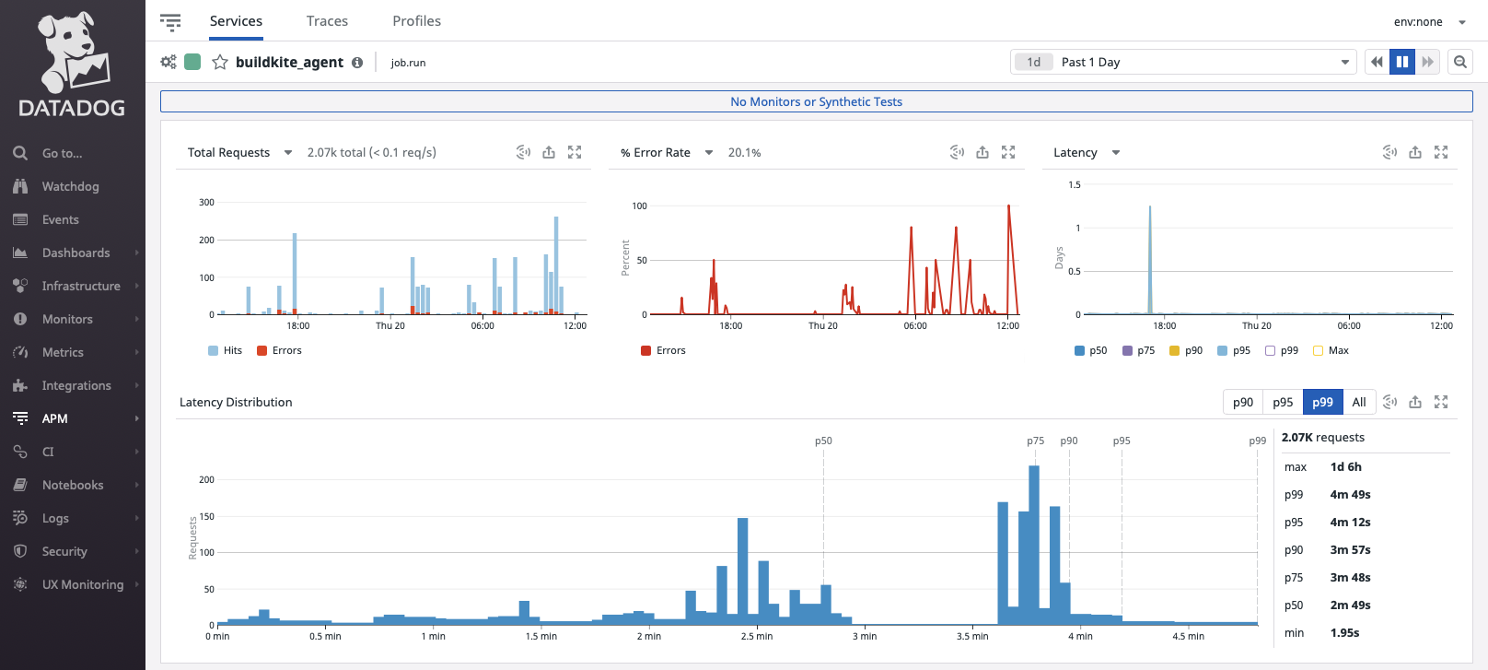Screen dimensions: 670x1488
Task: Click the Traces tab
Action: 327,21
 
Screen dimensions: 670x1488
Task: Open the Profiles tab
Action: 416,21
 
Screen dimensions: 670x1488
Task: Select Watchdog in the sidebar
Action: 70,186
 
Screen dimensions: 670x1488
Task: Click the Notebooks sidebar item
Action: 72,485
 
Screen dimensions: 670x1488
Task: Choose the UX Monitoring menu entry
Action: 82,584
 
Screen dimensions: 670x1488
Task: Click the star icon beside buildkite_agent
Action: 220,63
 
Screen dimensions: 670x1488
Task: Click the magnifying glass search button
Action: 1459,62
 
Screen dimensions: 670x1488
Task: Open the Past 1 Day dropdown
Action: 1183,62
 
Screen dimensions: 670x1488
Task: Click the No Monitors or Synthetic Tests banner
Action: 816,101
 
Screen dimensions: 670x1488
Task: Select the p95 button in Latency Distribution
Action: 1283,402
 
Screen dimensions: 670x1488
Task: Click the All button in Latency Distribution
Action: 1358,402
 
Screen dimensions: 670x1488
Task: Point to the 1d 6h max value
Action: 1345,467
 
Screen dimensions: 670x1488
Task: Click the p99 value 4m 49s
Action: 1350,495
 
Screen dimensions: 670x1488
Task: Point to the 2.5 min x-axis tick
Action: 757,636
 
